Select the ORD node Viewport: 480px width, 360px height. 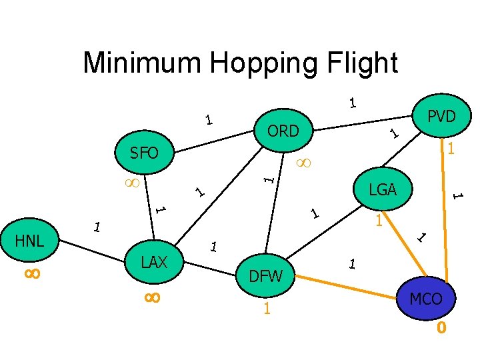[283, 131]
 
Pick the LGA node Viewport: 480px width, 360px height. [383, 190]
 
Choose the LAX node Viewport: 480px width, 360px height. [154, 262]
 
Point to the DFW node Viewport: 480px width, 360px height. [265, 275]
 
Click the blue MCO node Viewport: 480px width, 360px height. [425, 299]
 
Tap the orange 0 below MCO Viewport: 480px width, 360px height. [441, 328]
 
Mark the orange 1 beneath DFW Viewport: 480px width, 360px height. [266, 309]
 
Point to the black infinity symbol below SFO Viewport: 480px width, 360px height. [131, 182]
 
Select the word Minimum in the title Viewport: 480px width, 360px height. [143, 63]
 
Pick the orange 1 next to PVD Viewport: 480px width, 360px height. [451, 149]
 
